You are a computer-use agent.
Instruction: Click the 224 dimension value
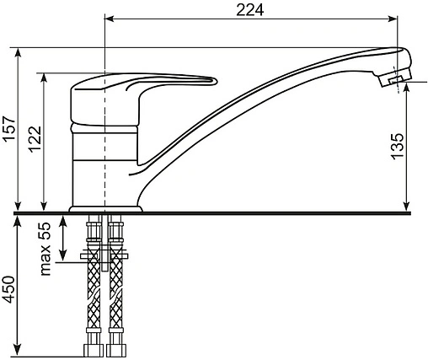249,10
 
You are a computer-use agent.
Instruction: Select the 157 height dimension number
8,128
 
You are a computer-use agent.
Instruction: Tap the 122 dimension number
35,139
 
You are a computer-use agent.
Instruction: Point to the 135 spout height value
398,147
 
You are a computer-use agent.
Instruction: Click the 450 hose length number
8,289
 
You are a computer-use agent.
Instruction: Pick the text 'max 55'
45,249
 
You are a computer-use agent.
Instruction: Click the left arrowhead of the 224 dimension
109,19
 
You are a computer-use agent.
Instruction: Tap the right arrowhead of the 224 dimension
393,19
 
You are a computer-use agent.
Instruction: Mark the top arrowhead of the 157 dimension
18,52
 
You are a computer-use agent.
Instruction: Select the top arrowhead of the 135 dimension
406,88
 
